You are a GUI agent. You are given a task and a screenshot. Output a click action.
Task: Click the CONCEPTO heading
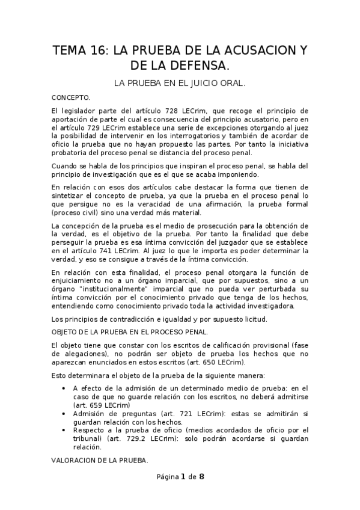(x=70, y=97)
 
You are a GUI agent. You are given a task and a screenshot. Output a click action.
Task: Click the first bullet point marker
(x=64, y=388)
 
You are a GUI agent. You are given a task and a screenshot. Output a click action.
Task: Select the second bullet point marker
(x=64, y=414)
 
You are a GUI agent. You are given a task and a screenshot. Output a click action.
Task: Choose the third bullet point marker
(x=64, y=430)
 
